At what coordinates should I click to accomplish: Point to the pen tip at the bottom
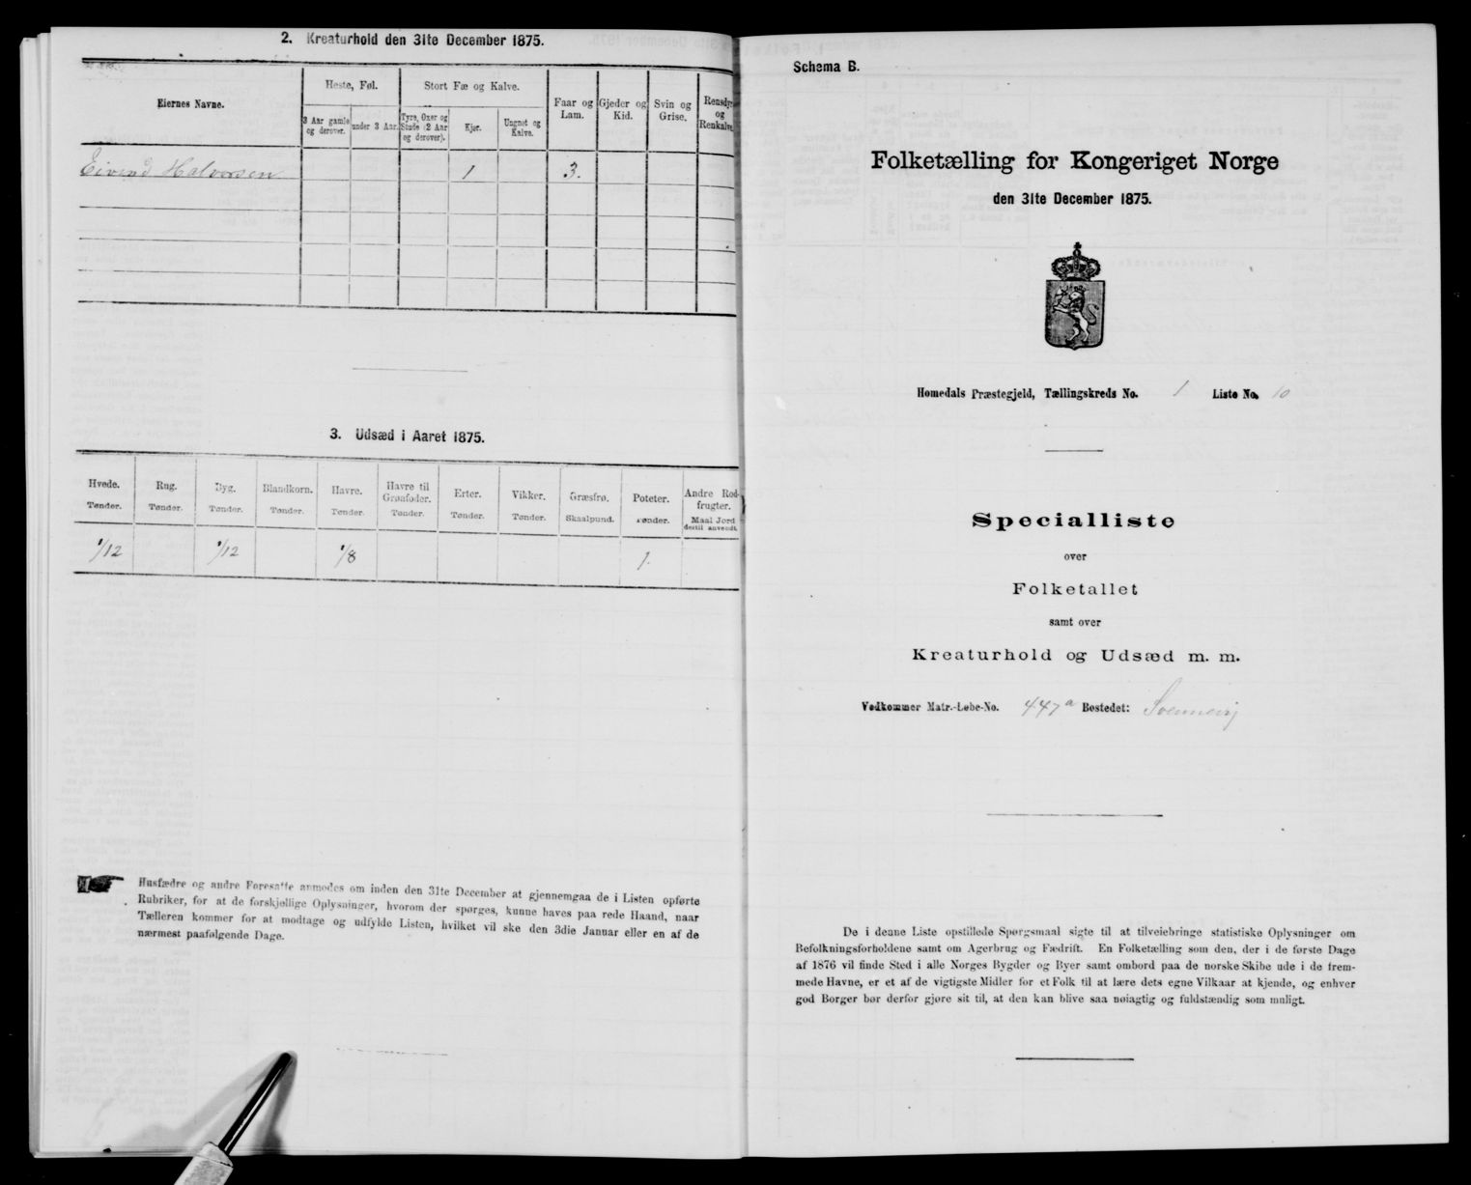click(x=287, y=1062)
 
